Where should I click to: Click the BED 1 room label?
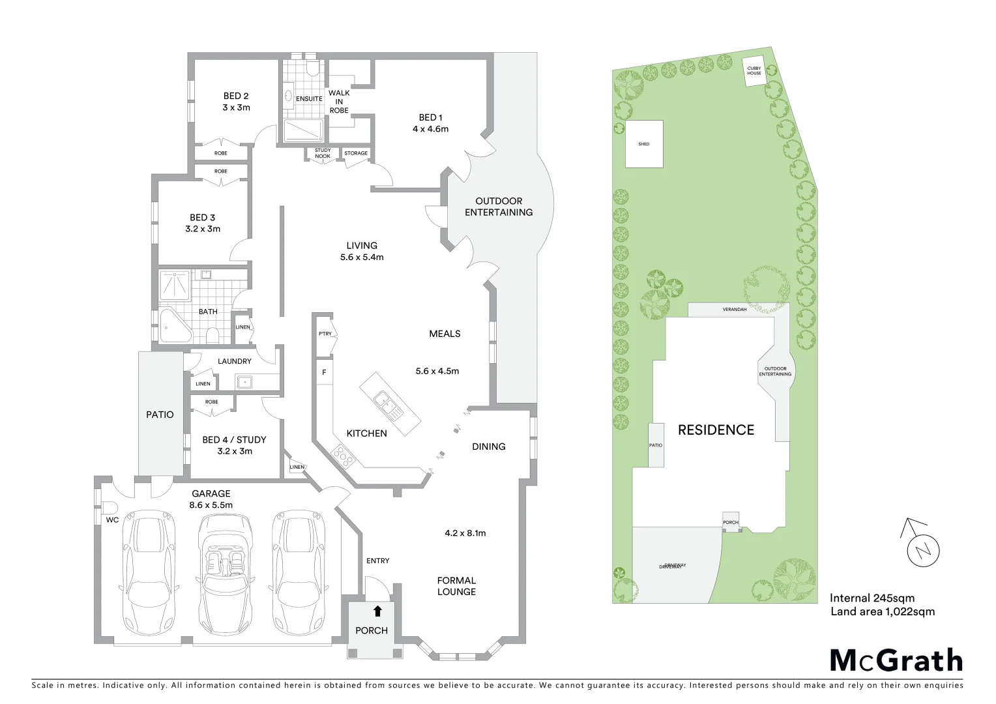pyautogui.click(x=430, y=117)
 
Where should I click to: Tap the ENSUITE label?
pyautogui.click(x=309, y=99)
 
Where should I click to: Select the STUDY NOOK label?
pyautogui.click(x=323, y=154)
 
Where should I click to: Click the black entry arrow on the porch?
pyautogui.click(x=377, y=611)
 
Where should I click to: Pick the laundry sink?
pyautogui.click(x=246, y=382)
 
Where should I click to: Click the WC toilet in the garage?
pyautogui.click(x=108, y=508)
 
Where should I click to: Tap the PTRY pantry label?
pyautogui.click(x=325, y=334)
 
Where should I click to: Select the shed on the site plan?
pyautogui.click(x=644, y=144)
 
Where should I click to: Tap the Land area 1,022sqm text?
pyautogui.click(x=883, y=611)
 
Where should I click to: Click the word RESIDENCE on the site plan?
pyautogui.click(x=716, y=430)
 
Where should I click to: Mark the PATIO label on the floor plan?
pyautogui.click(x=160, y=414)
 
